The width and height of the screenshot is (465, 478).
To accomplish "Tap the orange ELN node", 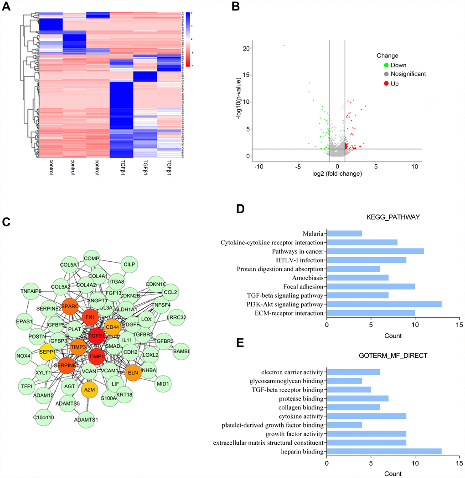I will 133,372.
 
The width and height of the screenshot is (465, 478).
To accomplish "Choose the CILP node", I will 130,263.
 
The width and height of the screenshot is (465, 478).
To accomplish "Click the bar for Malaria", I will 344,233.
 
